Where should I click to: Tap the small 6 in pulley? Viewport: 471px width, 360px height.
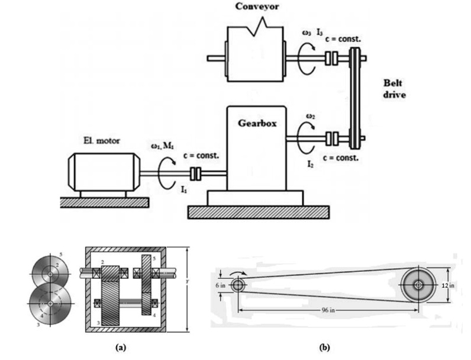tap(238, 285)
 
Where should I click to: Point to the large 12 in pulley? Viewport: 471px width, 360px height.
tap(419, 285)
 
